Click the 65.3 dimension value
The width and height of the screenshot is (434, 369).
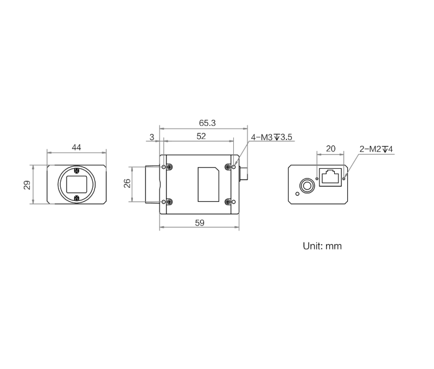tap(207, 123)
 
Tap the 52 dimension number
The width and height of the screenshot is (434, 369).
tap(201, 136)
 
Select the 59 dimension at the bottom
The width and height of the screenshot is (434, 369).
tap(200, 223)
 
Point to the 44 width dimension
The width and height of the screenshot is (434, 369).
tap(76, 147)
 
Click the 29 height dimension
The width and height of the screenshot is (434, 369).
tap(27, 185)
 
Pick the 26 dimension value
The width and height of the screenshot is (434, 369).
tap(127, 183)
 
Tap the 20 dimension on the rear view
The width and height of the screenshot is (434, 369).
tap(330, 149)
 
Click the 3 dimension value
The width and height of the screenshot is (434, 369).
tap(152, 137)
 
